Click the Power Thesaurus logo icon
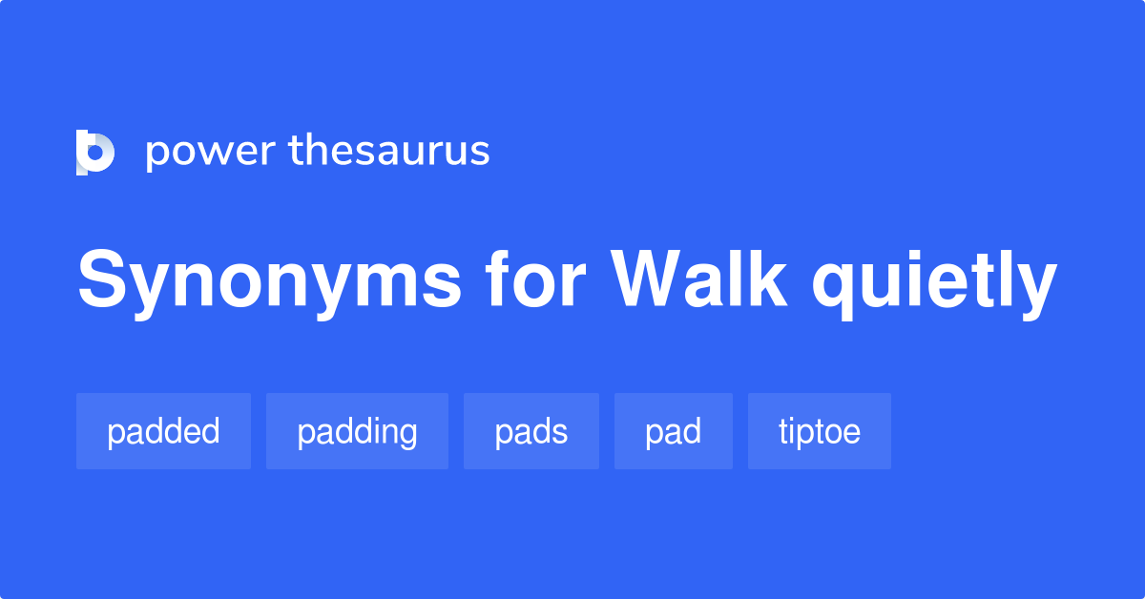(95, 152)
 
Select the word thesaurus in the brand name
(390, 151)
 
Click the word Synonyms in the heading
(269, 281)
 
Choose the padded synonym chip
(163, 431)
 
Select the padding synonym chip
(357, 431)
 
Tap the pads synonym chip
(531, 431)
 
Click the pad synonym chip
(673, 431)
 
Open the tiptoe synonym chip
(820, 431)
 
